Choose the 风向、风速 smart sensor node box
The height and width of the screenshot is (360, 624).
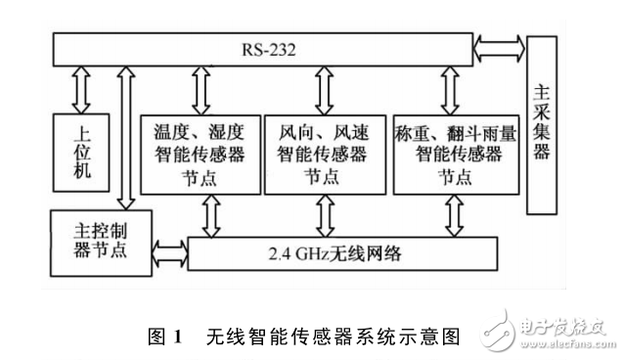tap(323, 152)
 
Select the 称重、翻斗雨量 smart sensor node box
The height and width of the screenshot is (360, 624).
tap(450, 152)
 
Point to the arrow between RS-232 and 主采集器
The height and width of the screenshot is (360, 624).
tap(500, 46)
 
